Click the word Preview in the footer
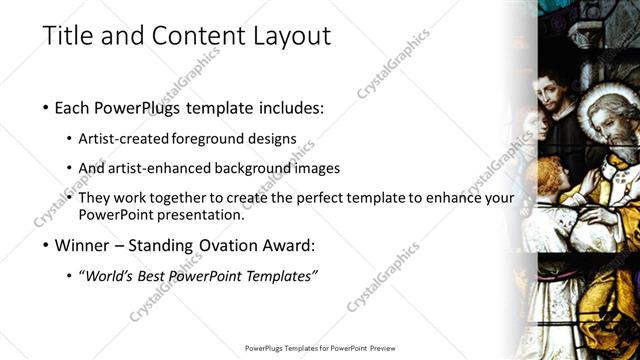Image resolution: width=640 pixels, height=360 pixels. (390, 348)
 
